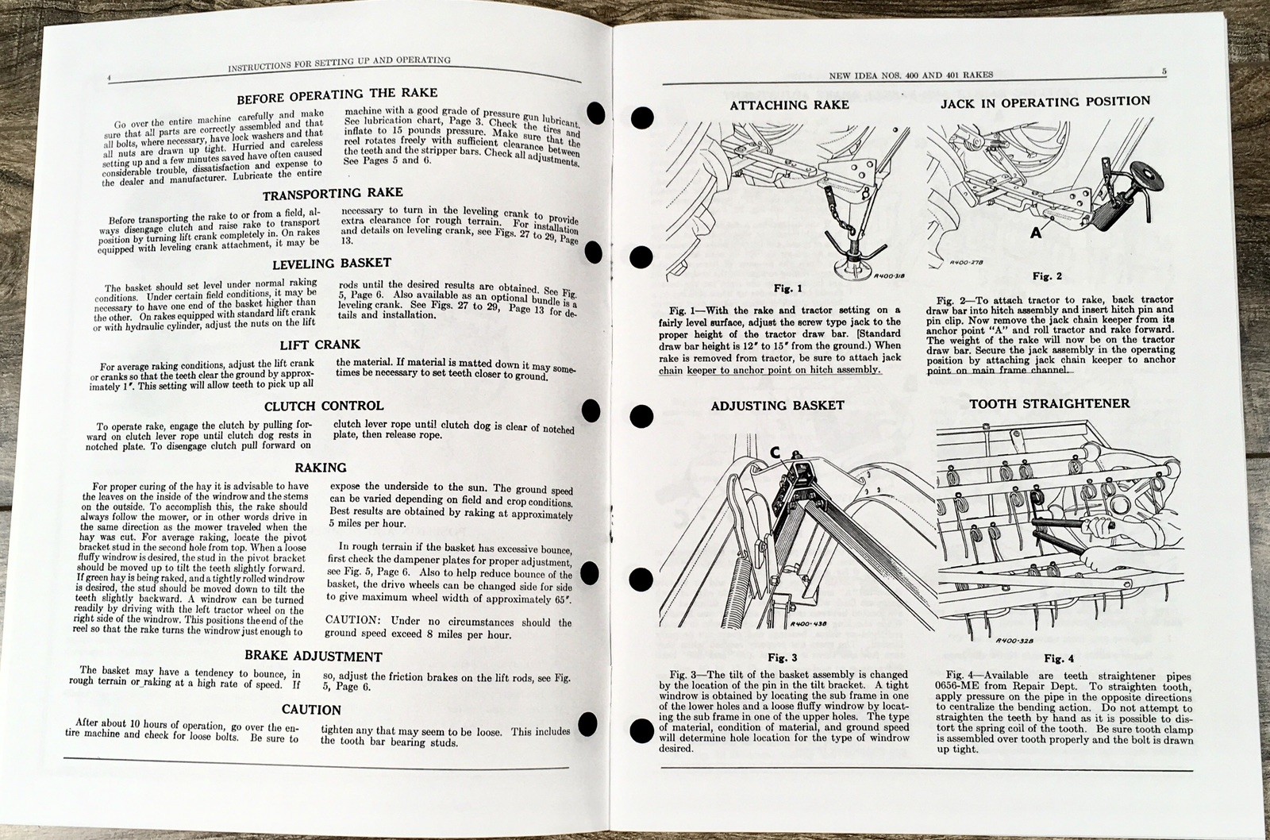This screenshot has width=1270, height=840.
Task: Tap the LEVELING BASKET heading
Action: (x=332, y=264)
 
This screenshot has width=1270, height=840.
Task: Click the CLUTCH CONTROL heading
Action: (x=328, y=407)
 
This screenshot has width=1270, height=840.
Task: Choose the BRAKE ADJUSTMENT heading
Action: (x=313, y=657)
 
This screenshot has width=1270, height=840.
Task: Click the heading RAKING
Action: (x=320, y=468)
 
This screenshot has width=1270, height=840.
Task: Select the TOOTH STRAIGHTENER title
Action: (x=1049, y=403)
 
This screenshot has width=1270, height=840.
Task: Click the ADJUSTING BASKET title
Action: (x=777, y=405)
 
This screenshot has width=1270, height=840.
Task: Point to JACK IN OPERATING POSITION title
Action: (x=1045, y=102)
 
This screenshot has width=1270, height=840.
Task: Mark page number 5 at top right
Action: (x=1163, y=71)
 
